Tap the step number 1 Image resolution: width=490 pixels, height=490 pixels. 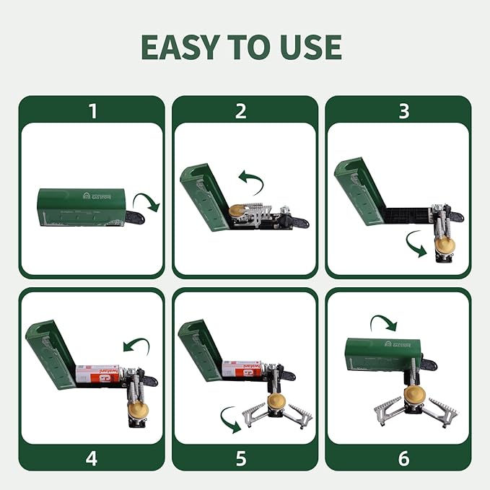92,110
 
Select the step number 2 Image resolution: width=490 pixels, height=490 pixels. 241,110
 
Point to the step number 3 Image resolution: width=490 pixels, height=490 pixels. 403,110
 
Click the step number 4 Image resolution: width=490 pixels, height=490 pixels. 92,458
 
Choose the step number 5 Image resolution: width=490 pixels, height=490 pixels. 241,458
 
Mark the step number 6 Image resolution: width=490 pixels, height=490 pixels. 403,458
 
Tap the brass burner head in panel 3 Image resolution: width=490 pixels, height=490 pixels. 445,247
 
